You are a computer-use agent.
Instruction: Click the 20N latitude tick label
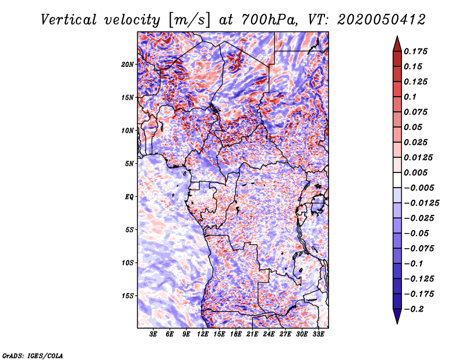click(127, 65)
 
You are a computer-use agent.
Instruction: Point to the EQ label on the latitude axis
click(129, 197)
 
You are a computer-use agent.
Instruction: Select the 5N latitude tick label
click(129, 164)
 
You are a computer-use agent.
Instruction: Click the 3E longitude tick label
click(153, 334)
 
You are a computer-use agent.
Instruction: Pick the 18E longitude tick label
click(236, 334)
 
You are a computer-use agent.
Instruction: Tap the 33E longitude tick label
click(318, 334)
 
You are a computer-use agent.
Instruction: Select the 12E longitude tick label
click(203, 334)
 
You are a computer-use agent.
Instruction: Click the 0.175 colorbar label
click(415, 51)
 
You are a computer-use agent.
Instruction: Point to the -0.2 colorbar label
click(414, 309)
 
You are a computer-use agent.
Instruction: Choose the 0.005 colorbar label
click(415, 172)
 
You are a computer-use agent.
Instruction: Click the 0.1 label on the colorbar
click(410, 97)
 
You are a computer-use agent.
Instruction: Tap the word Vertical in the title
click(69, 20)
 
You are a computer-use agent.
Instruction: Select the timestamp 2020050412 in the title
click(382, 20)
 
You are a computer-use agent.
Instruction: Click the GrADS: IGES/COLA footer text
click(33, 356)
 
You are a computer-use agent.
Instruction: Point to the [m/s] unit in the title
click(189, 20)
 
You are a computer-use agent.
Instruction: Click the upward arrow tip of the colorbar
click(397, 36)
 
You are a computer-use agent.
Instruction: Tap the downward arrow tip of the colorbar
click(397, 323)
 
